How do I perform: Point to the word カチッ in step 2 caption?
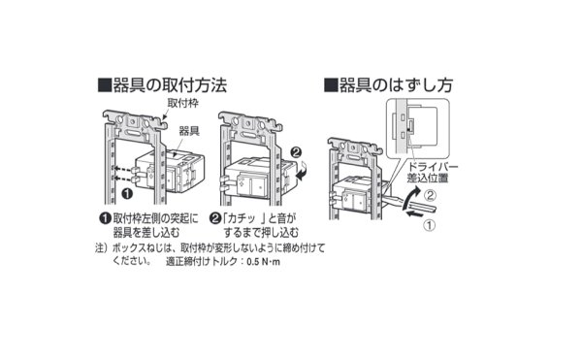tap(250, 218)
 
